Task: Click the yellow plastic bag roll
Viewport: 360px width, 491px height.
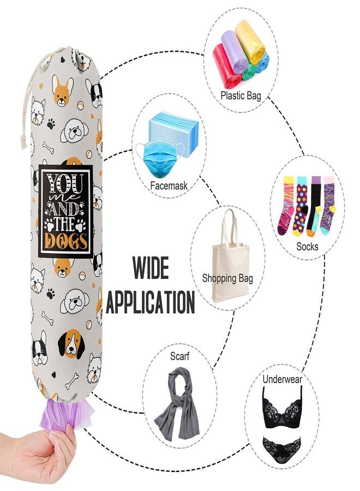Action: pos(250,41)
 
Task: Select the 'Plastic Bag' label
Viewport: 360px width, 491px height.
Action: pos(241,95)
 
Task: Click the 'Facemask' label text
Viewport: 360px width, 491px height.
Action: pos(169,185)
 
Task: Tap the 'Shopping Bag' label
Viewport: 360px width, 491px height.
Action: pos(227,278)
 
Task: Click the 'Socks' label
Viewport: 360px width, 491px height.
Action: pos(307,247)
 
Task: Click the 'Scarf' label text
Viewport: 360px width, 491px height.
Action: pos(179,356)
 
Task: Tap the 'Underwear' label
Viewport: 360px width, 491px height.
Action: pos(282,380)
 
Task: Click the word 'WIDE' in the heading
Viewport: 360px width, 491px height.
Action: pos(151,268)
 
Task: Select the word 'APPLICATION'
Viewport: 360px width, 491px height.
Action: pos(150,302)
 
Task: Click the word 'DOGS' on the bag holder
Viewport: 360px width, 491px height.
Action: pos(65,241)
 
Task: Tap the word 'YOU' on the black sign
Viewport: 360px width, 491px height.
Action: pos(65,185)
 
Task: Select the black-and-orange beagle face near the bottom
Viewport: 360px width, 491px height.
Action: pos(71,344)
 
